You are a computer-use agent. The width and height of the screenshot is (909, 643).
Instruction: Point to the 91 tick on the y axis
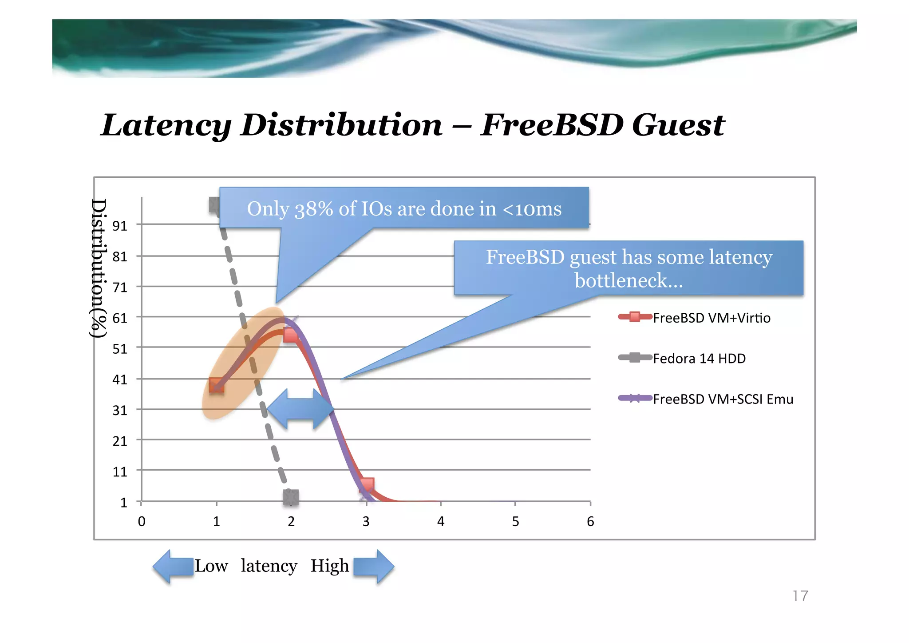click(119, 226)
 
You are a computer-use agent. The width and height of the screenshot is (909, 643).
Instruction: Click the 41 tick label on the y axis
click(119, 379)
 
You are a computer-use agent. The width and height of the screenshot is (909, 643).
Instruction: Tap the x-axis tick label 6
click(590, 521)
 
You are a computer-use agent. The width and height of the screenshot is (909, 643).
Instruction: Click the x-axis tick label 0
click(142, 521)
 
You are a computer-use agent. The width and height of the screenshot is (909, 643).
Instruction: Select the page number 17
click(800, 595)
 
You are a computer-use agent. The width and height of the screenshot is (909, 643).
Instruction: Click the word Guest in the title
click(678, 125)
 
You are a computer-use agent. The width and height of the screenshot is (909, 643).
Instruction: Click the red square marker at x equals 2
click(291, 335)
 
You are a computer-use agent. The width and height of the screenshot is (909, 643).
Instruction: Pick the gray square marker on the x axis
click(291, 497)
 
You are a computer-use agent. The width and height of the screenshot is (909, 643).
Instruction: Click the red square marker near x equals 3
click(367, 485)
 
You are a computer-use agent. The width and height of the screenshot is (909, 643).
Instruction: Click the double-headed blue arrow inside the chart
click(300, 409)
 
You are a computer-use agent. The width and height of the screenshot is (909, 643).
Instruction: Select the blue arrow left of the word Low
click(173, 566)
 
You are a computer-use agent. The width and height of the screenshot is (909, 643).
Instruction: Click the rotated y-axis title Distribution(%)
click(99, 268)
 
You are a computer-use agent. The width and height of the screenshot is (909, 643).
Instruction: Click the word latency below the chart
click(269, 566)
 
